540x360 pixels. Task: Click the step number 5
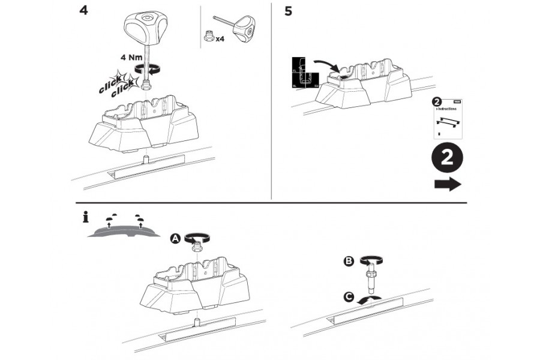pos(288,11)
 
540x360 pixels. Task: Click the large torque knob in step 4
pos(143,26)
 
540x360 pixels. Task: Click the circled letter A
pos(175,238)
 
